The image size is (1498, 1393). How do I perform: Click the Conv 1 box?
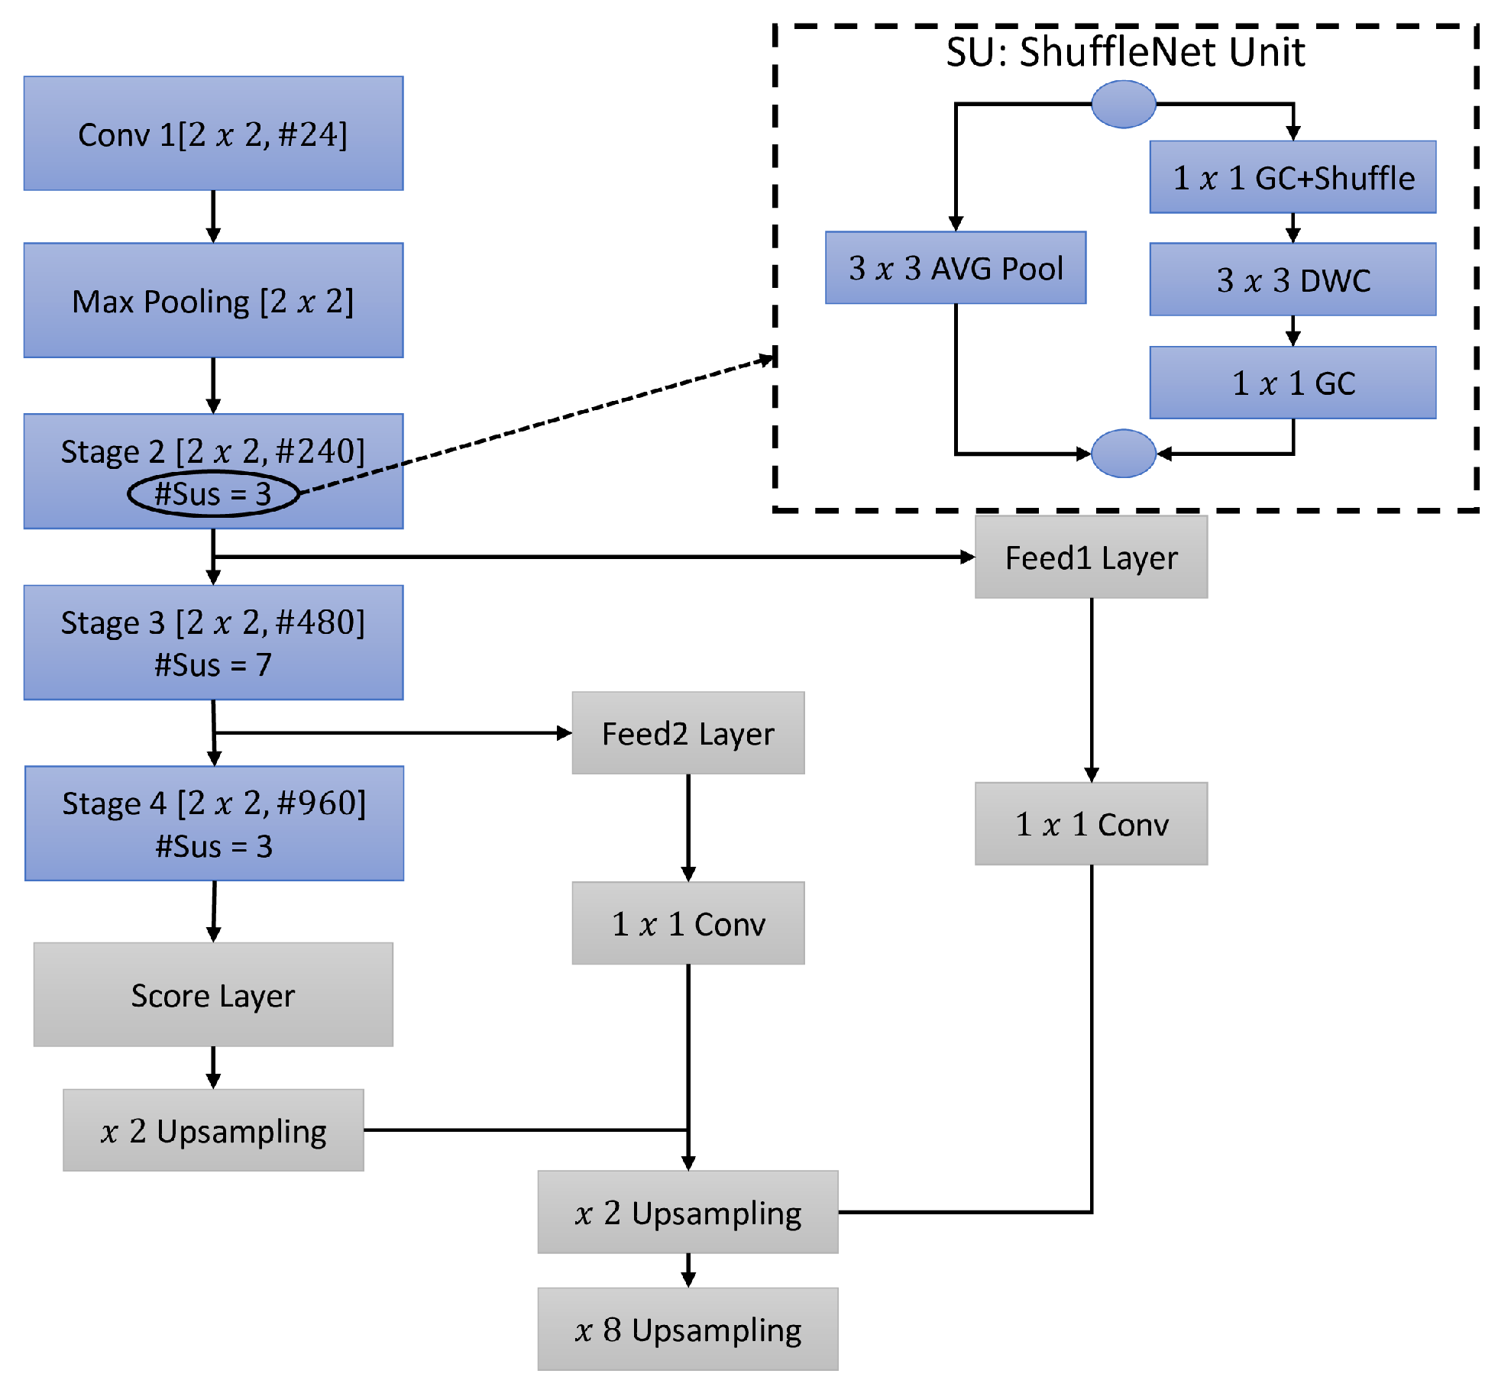coord(213,133)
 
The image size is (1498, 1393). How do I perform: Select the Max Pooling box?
coord(213,300)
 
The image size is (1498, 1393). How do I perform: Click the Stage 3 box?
coord(213,642)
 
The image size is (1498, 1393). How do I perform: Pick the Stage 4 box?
coord(214,823)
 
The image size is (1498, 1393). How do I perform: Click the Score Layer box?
coord(213,994)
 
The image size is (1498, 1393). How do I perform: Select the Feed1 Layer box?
coord(1091,557)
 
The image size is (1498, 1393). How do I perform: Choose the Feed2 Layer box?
coord(688,732)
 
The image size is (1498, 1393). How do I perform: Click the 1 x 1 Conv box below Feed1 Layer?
coord(1091,823)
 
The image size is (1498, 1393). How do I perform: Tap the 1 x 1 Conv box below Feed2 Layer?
coord(688,923)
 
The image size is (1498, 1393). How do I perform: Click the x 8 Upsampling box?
coord(688,1329)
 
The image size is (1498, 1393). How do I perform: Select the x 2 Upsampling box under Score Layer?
coord(213,1130)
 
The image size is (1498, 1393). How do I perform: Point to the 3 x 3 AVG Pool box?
coord(955,267)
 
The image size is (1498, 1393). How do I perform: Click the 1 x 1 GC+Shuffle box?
coord(1293,176)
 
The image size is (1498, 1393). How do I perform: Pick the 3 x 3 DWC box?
coord(1293,279)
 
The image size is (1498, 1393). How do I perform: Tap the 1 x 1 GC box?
coord(1293,382)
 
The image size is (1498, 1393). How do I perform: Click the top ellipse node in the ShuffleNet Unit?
coord(1123,104)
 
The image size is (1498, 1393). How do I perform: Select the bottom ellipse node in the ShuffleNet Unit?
coord(1123,453)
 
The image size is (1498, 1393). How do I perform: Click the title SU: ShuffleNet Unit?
coord(1124,52)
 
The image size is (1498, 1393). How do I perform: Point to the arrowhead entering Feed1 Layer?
coord(967,557)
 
